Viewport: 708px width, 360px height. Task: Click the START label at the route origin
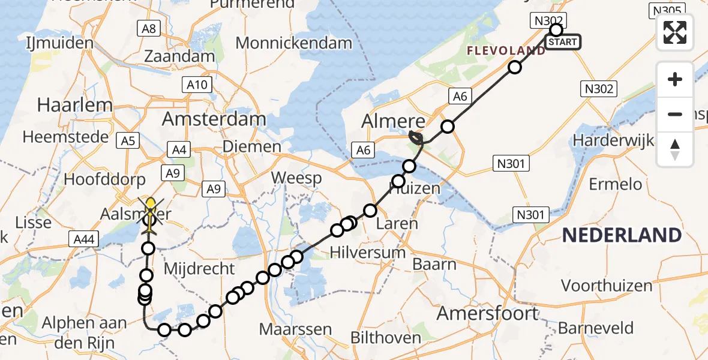pos(563,42)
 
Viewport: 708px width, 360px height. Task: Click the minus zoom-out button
pos(675,114)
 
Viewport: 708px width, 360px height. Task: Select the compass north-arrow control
pos(675,149)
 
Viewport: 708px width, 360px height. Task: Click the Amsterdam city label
pos(214,119)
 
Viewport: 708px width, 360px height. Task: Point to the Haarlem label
pos(74,105)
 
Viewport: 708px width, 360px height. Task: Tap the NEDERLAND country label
pos(621,235)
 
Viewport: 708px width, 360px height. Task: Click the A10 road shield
pos(197,85)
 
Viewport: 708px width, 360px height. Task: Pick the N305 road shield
pos(665,10)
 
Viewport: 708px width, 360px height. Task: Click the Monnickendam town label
pos(293,43)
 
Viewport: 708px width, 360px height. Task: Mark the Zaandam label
pos(179,57)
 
